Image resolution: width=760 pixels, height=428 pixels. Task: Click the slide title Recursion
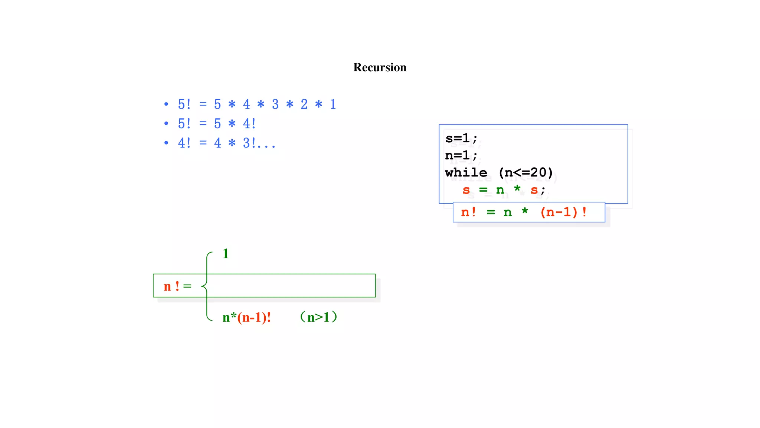pos(380,67)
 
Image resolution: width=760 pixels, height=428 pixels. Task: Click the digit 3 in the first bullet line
pos(275,104)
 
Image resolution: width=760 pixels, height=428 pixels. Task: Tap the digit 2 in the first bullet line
pos(304,104)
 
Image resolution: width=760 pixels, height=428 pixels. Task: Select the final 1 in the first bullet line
pos(333,104)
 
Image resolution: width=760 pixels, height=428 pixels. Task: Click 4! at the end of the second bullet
pos(249,124)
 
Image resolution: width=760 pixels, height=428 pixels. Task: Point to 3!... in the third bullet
pos(259,143)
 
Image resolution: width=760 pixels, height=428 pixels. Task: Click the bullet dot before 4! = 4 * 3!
pos(166,143)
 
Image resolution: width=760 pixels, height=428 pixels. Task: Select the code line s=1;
pos(461,139)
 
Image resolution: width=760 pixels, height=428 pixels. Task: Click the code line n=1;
pos(461,156)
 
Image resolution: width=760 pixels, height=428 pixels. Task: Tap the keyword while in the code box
pos(466,173)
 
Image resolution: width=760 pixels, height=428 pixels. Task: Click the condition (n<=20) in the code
pos(525,173)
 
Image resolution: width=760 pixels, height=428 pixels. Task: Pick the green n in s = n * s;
pos(500,190)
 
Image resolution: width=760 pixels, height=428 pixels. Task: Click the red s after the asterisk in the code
pos(534,190)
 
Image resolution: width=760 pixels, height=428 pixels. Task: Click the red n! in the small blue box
pos(468,213)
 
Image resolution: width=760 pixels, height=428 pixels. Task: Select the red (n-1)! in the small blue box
pos(563,213)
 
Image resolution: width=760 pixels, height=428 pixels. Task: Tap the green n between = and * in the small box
pos(507,213)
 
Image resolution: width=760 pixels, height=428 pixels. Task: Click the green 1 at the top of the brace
pos(225,254)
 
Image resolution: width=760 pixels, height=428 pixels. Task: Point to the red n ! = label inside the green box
pos(177,286)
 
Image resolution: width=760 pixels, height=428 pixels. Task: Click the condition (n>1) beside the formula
pos(318,317)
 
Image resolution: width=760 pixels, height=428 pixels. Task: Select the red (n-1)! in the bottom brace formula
pos(254,318)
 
